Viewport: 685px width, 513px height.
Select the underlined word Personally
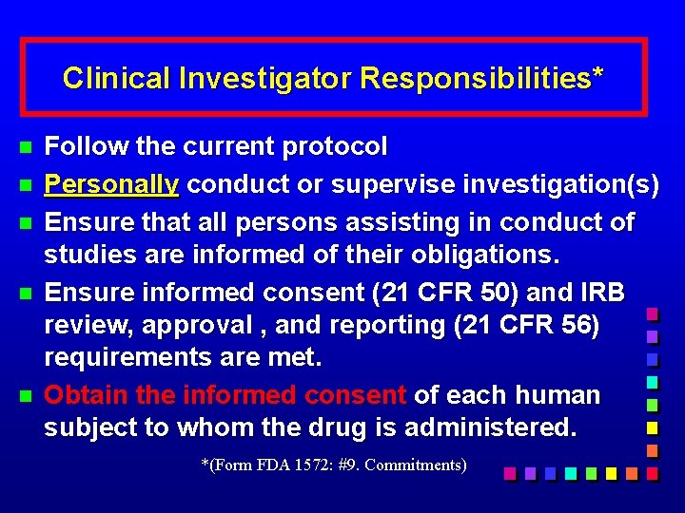coord(111,184)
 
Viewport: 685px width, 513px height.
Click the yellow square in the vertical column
coord(652,427)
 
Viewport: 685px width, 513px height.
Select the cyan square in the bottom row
coord(570,472)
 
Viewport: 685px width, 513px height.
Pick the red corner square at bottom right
coord(652,472)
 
